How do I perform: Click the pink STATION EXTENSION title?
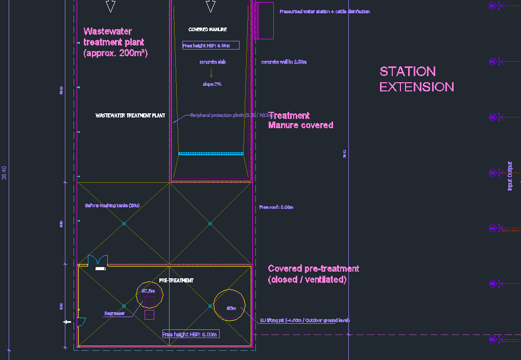[x=416, y=79]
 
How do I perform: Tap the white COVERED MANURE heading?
[x=207, y=30]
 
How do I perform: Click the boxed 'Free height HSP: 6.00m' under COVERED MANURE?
[x=210, y=45]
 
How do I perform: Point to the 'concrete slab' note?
[x=212, y=62]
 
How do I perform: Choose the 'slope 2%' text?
[x=212, y=84]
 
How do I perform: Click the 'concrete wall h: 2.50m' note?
[x=283, y=62]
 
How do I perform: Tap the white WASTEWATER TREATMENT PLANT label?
[x=130, y=116]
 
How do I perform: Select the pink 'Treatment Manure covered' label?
[x=300, y=121]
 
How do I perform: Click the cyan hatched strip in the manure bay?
[x=211, y=153]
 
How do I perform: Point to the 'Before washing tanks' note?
[x=112, y=206]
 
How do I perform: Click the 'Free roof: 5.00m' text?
[x=276, y=207]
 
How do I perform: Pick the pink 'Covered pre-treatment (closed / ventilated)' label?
[x=314, y=274]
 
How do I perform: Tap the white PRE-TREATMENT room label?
[x=176, y=280]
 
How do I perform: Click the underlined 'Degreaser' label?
[x=115, y=314]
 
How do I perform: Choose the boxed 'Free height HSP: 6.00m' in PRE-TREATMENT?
[x=191, y=334]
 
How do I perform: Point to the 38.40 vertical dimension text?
[x=5, y=173]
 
